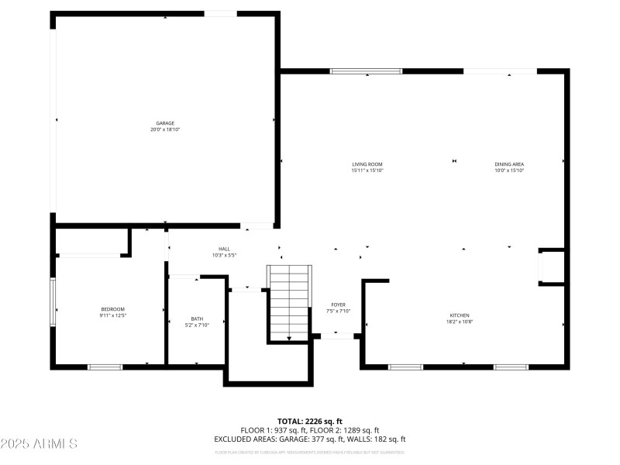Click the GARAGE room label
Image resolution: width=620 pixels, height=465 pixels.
(x=165, y=123)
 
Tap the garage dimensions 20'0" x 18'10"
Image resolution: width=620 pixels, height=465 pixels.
(x=165, y=129)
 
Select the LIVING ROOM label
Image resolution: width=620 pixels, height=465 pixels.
(x=367, y=164)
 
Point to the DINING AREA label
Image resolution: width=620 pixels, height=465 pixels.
(x=509, y=164)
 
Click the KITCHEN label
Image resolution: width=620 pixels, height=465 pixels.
(x=460, y=315)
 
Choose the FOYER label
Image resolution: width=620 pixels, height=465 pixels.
(x=339, y=305)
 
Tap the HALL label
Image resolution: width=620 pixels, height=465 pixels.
(x=224, y=249)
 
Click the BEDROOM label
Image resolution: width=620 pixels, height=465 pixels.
(x=112, y=309)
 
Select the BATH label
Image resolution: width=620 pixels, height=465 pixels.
(x=197, y=319)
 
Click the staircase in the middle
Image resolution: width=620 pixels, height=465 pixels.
(x=289, y=302)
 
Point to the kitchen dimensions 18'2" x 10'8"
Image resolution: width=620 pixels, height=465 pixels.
(x=460, y=322)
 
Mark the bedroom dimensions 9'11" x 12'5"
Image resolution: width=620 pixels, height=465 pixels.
(x=112, y=315)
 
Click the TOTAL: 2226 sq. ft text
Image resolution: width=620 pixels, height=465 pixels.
(x=310, y=421)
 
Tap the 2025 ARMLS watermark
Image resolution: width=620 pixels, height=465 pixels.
(x=39, y=444)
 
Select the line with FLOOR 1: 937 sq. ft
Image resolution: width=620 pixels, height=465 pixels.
(x=310, y=430)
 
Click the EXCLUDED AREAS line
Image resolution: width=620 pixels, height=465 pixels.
(x=310, y=439)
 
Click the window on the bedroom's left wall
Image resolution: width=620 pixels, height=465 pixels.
(x=53, y=302)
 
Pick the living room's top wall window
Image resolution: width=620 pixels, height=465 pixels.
(x=366, y=71)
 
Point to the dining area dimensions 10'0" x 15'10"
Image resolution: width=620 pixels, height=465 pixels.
(x=509, y=170)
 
